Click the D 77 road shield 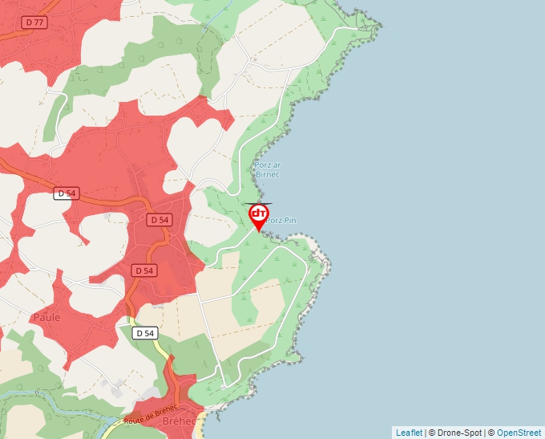(x=34, y=22)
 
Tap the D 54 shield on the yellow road (x=145, y=333)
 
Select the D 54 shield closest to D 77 (x=66, y=193)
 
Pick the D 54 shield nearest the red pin (x=159, y=219)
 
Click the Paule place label (x=46, y=317)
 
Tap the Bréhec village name (x=180, y=421)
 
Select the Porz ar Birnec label (x=266, y=169)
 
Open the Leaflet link (x=409, y=433)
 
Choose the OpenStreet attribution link (x=520, y=433)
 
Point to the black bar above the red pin (x=259, y=204)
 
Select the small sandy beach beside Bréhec (x=202, y=421)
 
